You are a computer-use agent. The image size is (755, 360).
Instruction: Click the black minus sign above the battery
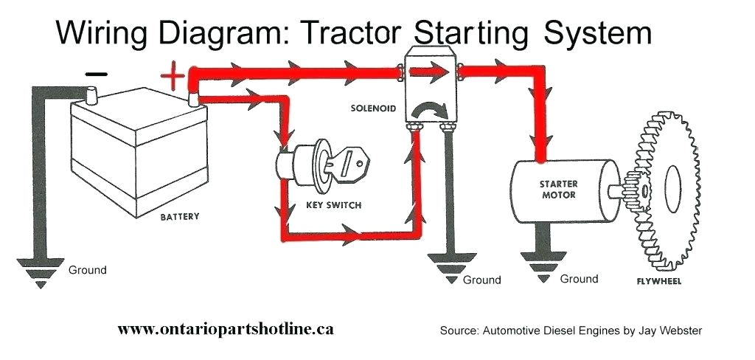pos(97,74)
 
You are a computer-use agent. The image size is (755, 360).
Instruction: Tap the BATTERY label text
pos(180,218)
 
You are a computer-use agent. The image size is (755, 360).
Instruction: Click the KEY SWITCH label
pos(334,204)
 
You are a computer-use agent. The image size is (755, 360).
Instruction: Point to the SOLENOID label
pos(373,108)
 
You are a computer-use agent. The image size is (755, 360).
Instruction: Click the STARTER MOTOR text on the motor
pos(558,189)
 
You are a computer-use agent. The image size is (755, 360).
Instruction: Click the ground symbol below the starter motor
pos(544,267)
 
